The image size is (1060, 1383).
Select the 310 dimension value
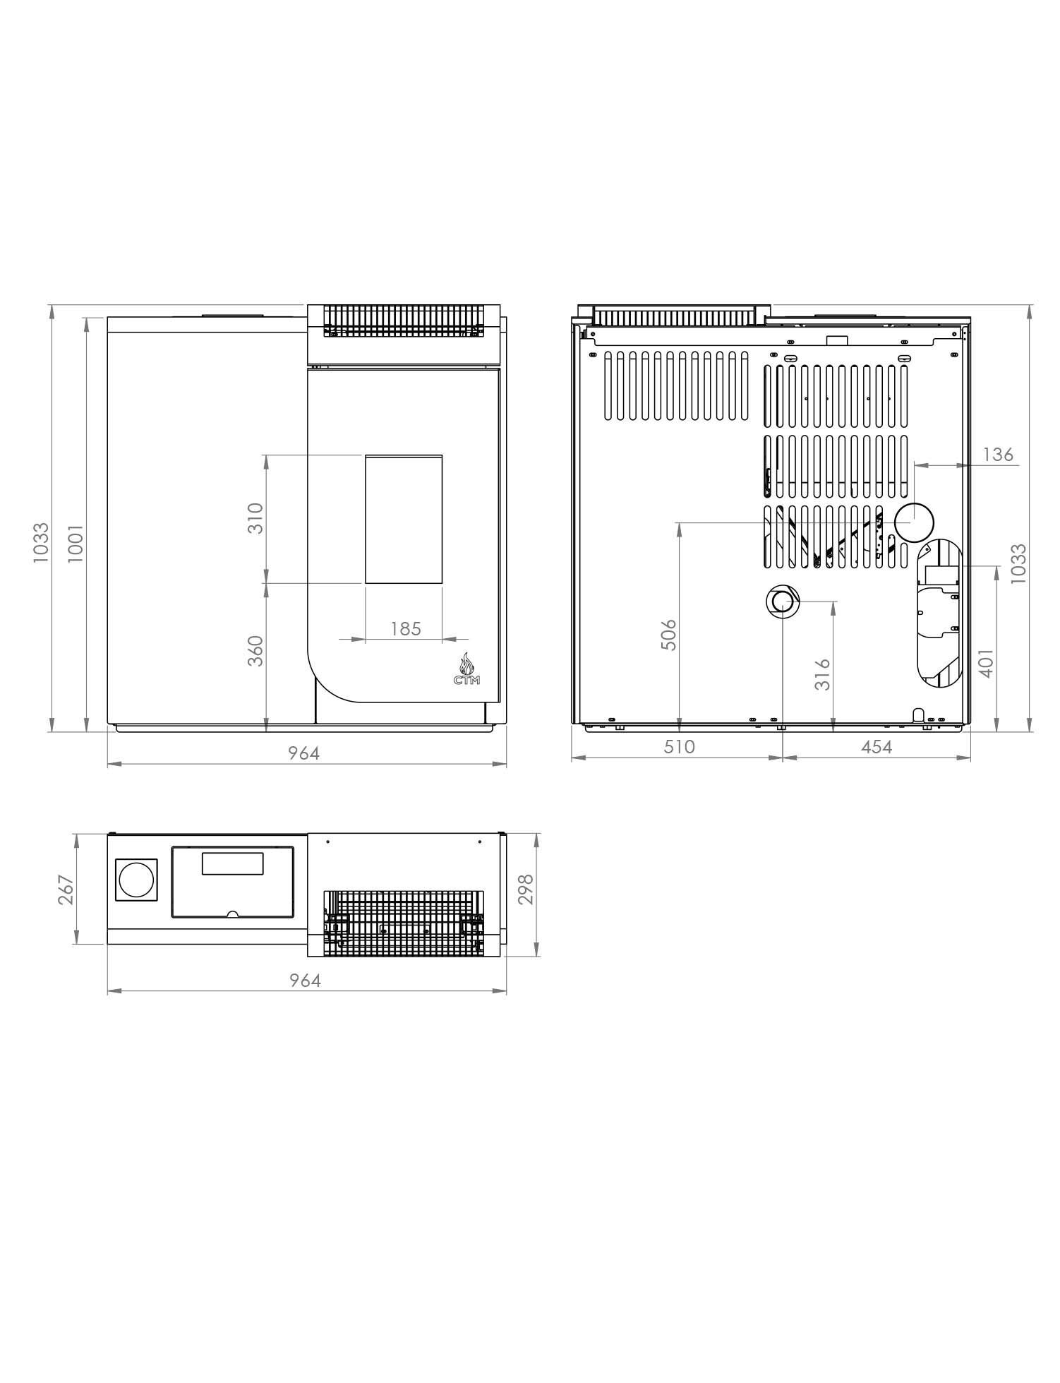pyautogui.click(x=255, y=518)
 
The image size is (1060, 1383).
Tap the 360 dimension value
pyautogui.click(x=255, y=651)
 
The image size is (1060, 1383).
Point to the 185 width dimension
pyautogui.click(x=405, y=628)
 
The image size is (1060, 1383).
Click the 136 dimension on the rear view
pyautogui.click(x=998, y=454)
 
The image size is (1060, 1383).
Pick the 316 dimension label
pyautogui.click(x=822, y=674)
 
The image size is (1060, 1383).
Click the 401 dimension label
pyautogui.click(x=986, y=663)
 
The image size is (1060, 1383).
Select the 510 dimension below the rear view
pyautogui.click(x=679, y=747)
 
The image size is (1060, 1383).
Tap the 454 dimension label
pyautogui.click(x=877, y=747)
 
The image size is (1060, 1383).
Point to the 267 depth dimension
pyautogui.click(x=65, y=890)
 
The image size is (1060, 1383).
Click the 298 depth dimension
pyautogui.click(x=526, y=890)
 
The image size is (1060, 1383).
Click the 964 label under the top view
pyautogui.click(x=305, y=981)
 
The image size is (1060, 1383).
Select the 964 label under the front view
pyautogui.click(x=303, y=753)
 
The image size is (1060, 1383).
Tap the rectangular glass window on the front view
pyautogui.click(x=404, y=519)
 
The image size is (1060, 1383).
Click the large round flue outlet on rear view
pyautogui.click(x=914, y=523)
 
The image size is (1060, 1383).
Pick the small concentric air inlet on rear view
pyautogui.click(x=782, y=601)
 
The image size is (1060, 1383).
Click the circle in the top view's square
pyautogui.click(x=136, y=880)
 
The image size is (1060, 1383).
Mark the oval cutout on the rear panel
pyautogui.click(x=939, y=612)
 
